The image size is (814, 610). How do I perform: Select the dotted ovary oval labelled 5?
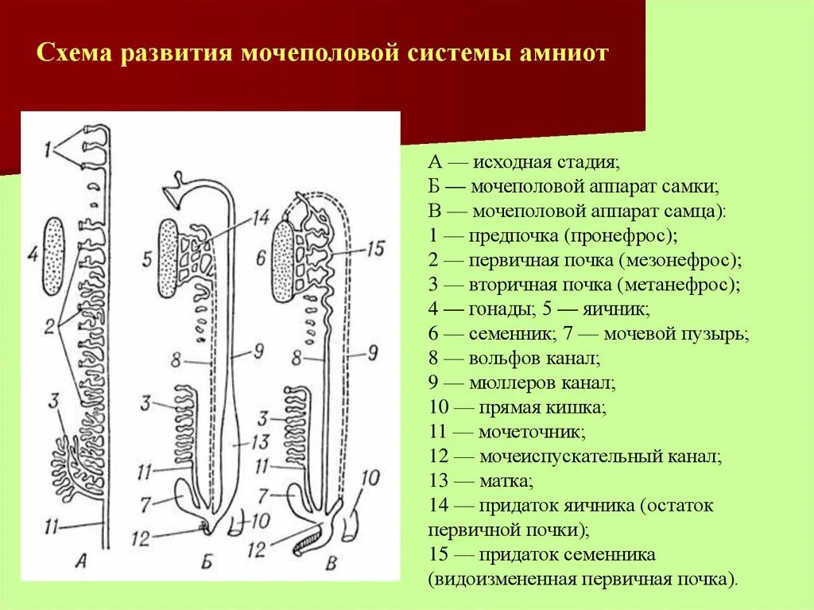(169, 256)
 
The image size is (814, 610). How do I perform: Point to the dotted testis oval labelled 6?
(284, 262)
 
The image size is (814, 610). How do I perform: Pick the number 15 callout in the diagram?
(376, 249)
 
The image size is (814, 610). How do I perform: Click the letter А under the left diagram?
(79, 561)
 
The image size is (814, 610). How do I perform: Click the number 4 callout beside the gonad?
(32, 256)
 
